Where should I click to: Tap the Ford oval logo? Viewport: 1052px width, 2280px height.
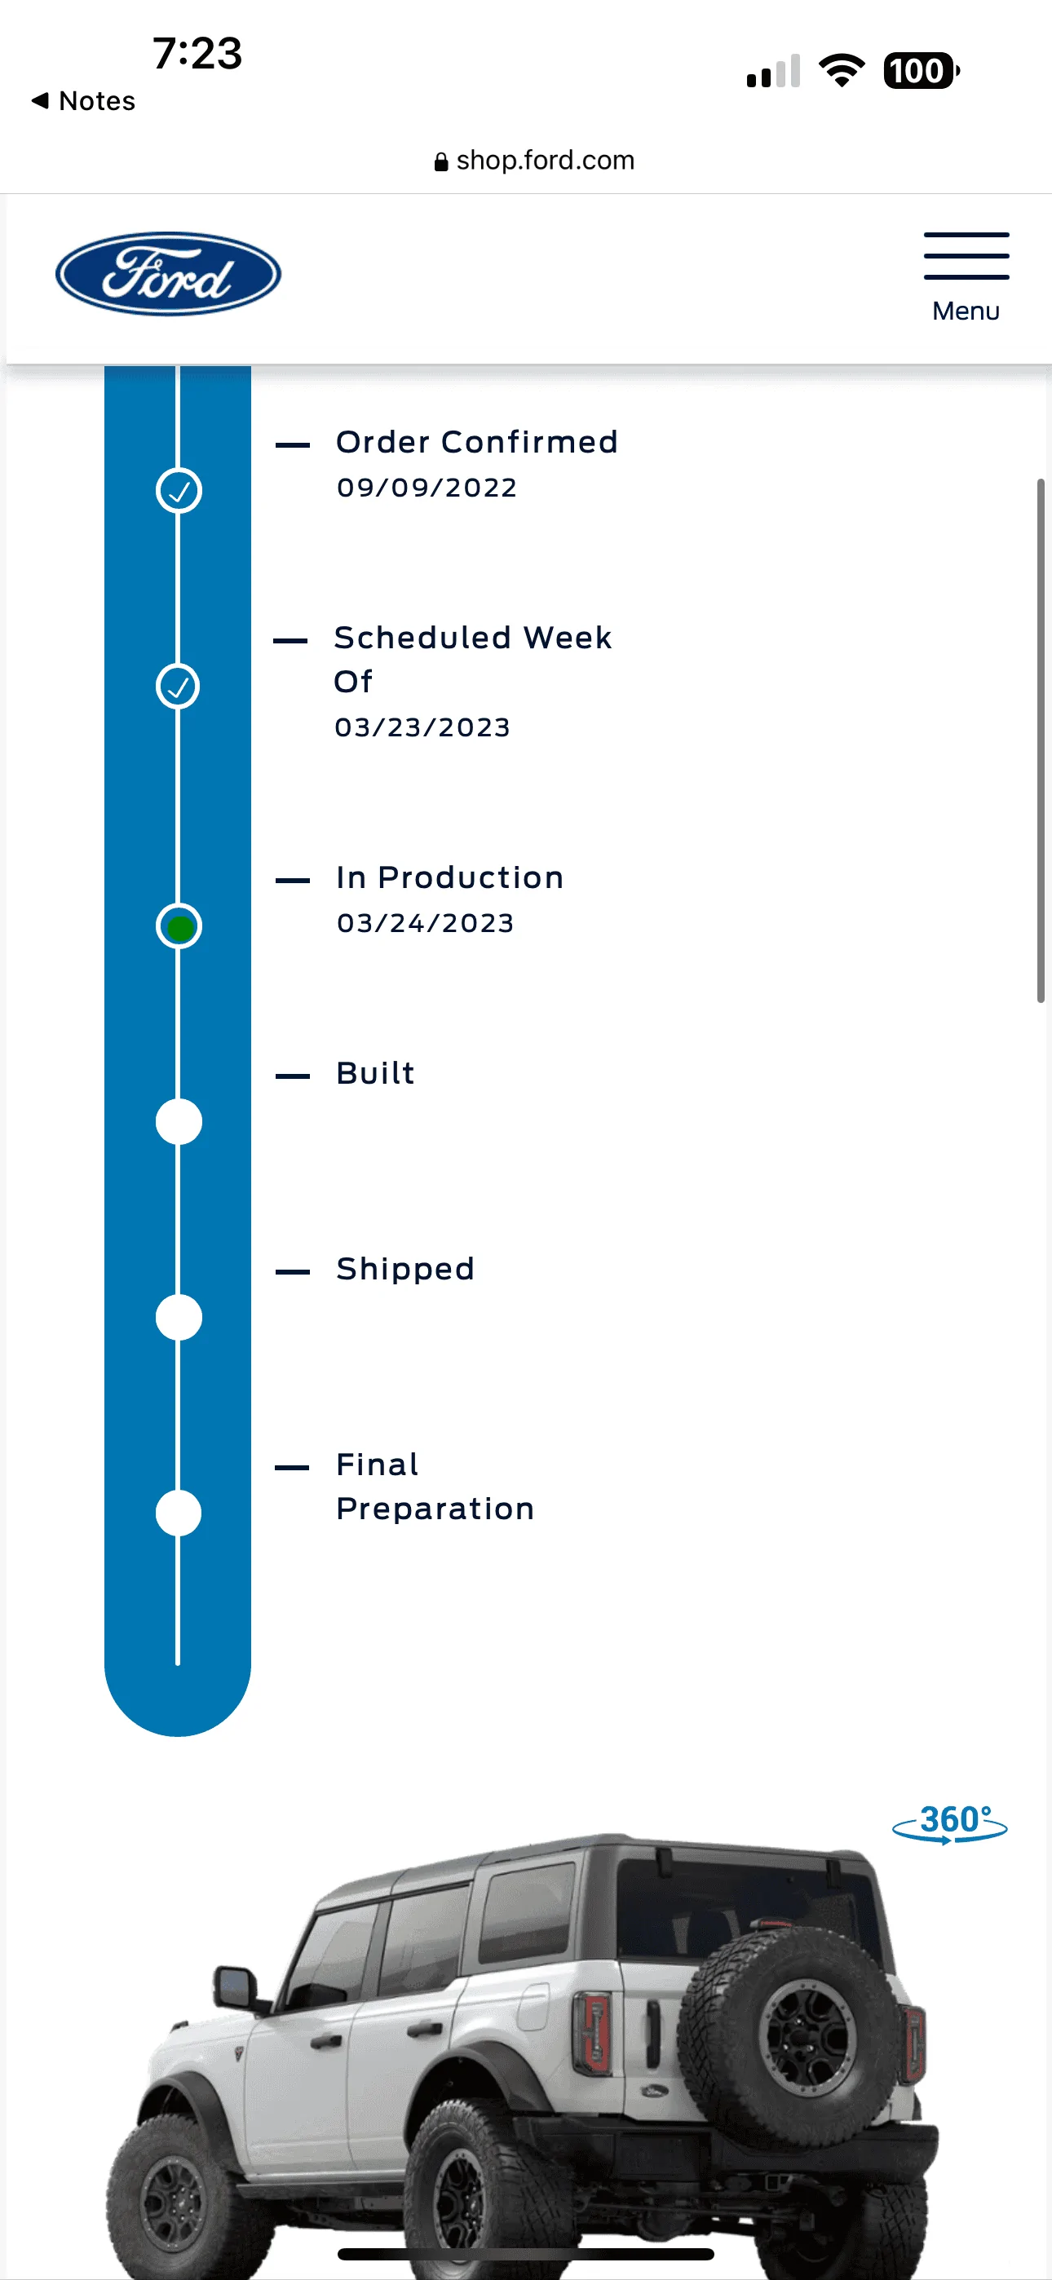coord(168,273)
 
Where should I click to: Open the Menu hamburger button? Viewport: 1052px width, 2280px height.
coord(966,277)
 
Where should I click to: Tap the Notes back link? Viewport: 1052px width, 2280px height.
coord(84,101)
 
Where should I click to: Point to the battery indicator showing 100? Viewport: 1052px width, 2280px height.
coord(921,71)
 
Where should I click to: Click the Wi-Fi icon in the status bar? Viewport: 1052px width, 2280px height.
coord(842,71)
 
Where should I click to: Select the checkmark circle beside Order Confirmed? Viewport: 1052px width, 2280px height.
coord(179,490)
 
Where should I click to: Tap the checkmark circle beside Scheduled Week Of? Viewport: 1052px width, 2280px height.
coord(179,686)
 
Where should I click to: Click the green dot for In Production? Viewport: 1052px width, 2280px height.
coord(179,926)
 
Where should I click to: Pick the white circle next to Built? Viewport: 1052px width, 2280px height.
coord(179,1121)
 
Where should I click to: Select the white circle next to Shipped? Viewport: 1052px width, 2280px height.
coord(179,1317)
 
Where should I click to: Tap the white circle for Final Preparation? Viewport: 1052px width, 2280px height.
coord(179,1513)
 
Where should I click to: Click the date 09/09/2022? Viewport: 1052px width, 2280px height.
coord(427,488)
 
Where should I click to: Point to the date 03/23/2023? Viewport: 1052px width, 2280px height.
coord(422,727)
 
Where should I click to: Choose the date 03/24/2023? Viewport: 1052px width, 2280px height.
coord(425,923)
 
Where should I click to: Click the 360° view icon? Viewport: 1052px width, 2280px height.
coord(949,1823)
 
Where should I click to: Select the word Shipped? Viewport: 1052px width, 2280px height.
coord(405,1269)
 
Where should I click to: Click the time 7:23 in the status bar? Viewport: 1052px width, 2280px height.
coord(197,53)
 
